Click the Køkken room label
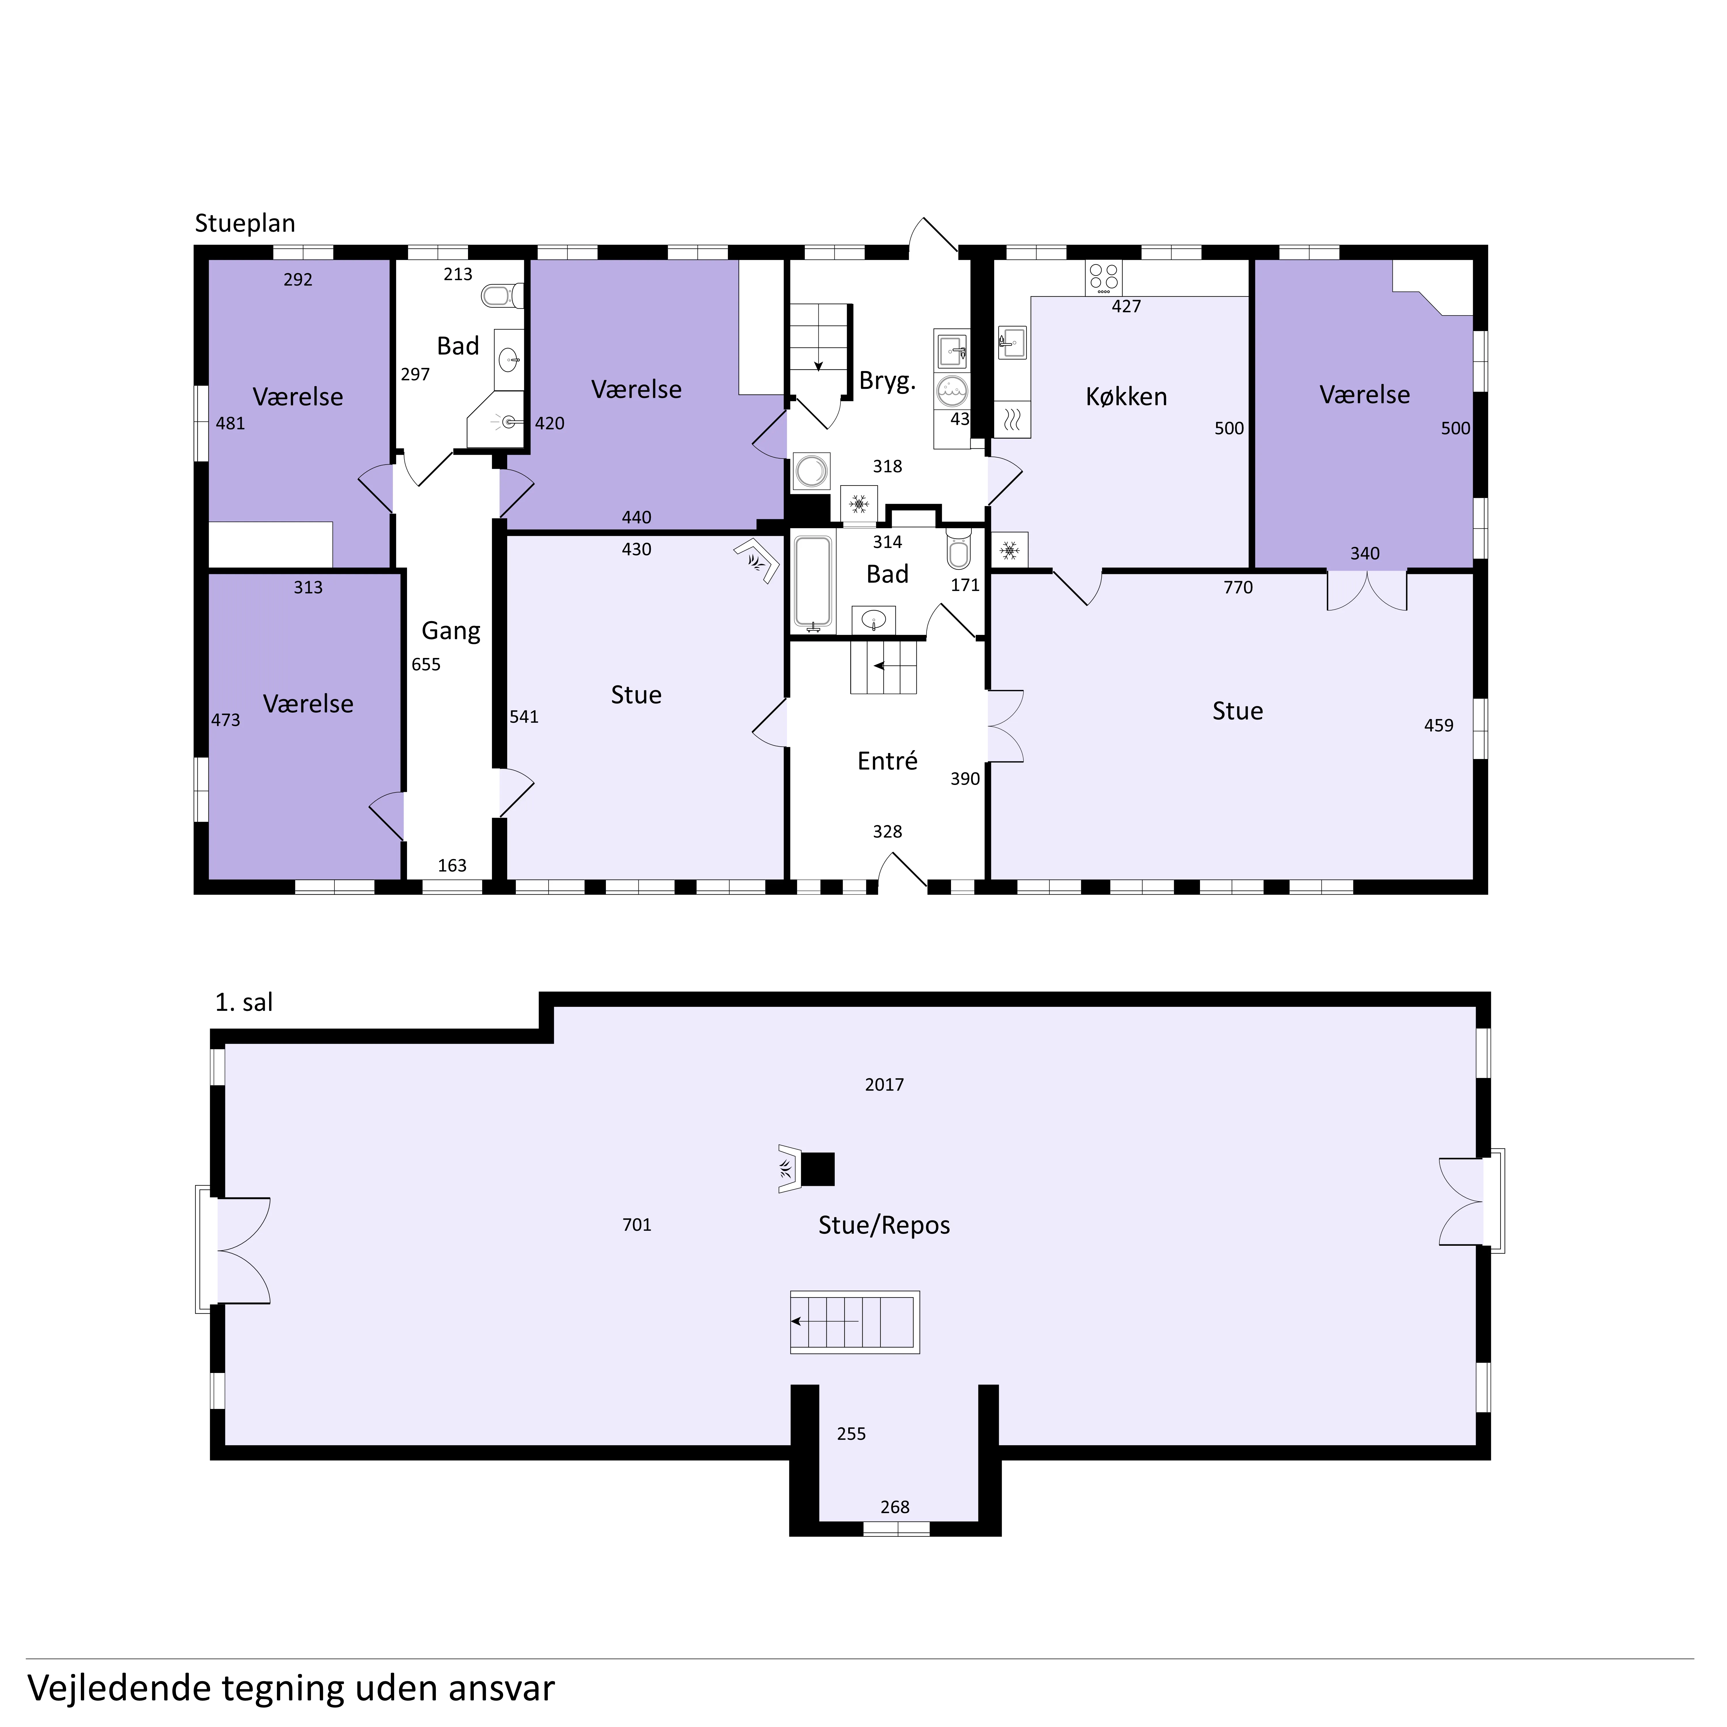coord(1126,397)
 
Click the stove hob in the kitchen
coord(1104,278)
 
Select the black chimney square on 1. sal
coord(818,1169)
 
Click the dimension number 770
coord(1238,587)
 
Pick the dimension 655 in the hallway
coord(426,664)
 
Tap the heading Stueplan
coord(245,223)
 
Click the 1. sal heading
coord(244,1002)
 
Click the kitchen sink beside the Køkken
coord(1012,342)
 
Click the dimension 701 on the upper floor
coord(636,1225)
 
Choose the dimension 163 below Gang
coord(452,865)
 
